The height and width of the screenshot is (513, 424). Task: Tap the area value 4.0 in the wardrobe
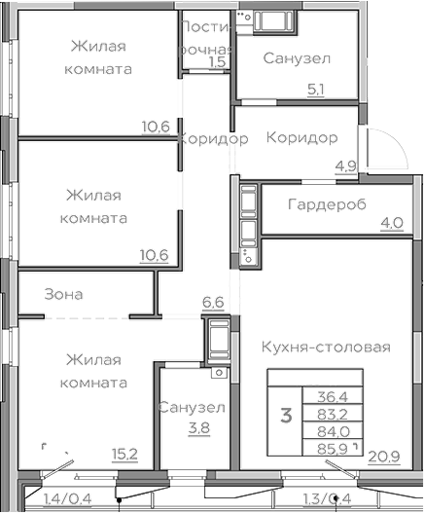pyautogui.click(x=392, y=223)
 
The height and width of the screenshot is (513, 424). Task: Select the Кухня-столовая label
pyautogui.click(x=326, y=348)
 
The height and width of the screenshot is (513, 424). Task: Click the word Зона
pyautogui.click(x=64, y=294)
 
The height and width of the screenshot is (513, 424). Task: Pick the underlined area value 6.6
pyautogui.click(x=213, y=303)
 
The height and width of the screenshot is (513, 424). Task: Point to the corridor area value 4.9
pyautogui.click(x=345, y=165)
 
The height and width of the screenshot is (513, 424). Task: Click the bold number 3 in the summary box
pyautogui.click(x=286, y=417)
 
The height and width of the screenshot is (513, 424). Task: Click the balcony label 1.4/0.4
pyautogui.click(x=69, y=500)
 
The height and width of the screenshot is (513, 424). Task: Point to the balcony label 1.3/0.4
pyautogui.click(x=327, y=500)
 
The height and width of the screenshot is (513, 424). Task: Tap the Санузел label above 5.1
pyautogui.click(x=298, y=59)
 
